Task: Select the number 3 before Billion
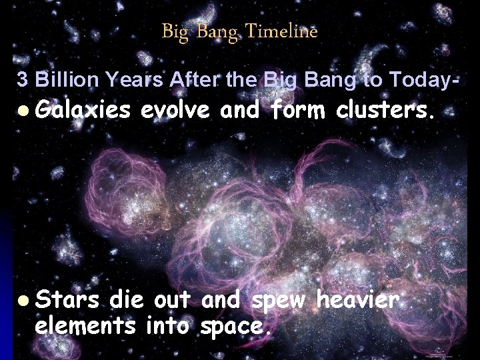click(x=22, y=81)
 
